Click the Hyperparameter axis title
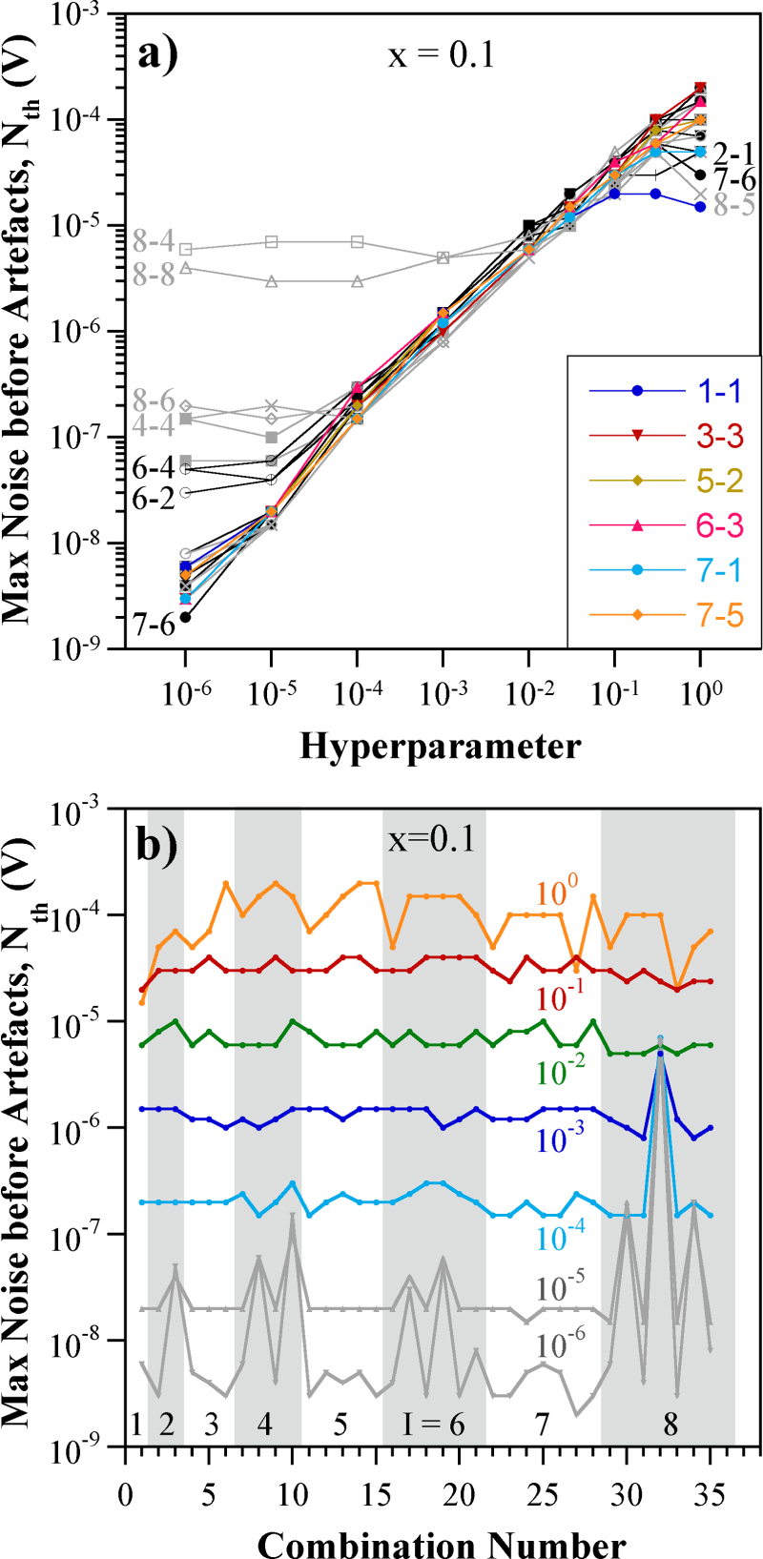(x=440, y=746)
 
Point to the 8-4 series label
(x=154, y=240)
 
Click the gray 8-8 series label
(x=154, y=276)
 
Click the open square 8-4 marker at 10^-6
(x=186, y=249)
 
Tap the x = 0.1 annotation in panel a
(x=441, y=55)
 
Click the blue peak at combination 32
(x=660, y=1053)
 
